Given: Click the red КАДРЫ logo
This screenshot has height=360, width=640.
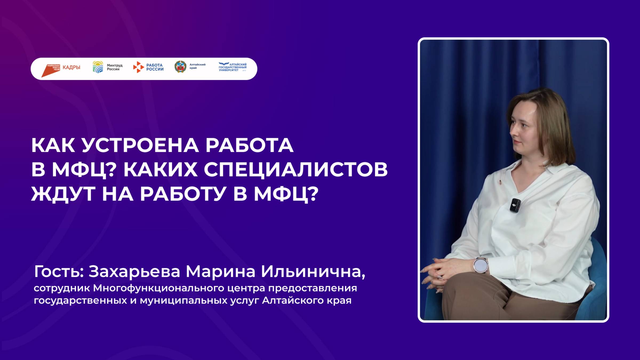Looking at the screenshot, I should [x=61, y=69].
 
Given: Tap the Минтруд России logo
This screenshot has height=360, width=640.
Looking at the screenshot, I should [x=107, y=67].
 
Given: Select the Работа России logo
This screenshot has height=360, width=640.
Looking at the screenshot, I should [x=148, y=67].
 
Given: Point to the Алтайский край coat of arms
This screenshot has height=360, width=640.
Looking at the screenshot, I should [x=180, y=67].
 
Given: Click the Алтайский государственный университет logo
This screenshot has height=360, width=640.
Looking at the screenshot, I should [x=232, y=67].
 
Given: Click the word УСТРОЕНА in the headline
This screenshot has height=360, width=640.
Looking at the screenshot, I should [x=140, y=146].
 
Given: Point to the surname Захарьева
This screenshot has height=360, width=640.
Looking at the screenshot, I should [x=134, y=272].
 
